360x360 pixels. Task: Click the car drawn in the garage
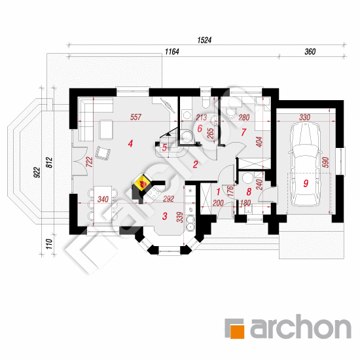tap(305, 164)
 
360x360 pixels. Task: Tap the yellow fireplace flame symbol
tap(142, 183)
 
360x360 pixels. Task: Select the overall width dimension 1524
tap(204, 40)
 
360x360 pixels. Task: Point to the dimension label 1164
tap(172, 52)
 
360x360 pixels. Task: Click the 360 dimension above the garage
tap(310, 52)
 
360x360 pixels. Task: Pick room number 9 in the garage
tap(306, 183)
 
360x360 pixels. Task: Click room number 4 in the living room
tap(130, 144)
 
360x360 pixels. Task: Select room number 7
tap(243, 132)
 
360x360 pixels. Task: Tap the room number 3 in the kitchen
tap(164, 216)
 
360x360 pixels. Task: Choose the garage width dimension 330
tap(304, 117)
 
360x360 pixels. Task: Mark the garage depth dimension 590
tap(326, 162)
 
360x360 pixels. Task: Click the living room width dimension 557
tap(135, 117)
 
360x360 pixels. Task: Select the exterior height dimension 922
tap(37, 172)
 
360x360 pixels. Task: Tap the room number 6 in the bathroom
tap(200, 128)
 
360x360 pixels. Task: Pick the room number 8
tap(249, 192)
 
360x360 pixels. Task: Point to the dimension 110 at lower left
tap(49, 244)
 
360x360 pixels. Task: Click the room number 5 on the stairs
tap(164, 148)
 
